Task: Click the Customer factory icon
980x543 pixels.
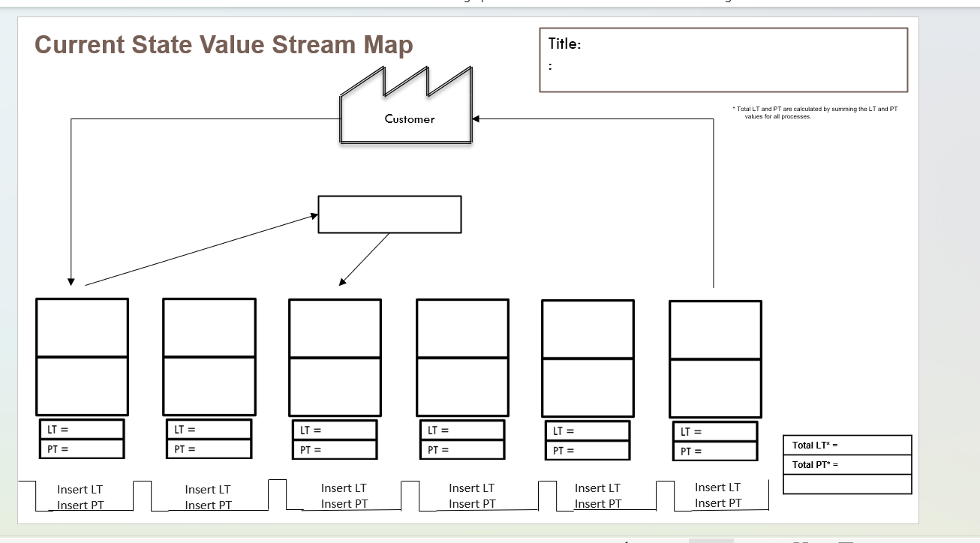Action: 407,112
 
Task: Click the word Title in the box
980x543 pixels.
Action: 564,43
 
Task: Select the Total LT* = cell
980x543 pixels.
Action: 846,445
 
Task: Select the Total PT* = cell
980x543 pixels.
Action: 846,464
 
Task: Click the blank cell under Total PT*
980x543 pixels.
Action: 846,484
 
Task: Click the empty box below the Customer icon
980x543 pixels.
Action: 389,214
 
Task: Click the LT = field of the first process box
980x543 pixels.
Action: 81,429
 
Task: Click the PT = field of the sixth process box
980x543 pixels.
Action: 714,451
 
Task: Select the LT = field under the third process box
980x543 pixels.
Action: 334,430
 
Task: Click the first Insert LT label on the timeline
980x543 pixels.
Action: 80,489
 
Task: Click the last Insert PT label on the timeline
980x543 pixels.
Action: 717,503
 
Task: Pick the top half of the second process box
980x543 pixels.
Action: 209,327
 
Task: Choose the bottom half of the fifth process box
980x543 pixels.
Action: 588,388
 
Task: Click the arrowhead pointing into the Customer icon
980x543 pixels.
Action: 476,118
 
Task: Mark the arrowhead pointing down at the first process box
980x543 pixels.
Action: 71,281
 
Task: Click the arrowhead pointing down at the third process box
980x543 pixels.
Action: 343,282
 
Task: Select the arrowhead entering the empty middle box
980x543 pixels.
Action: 314,217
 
